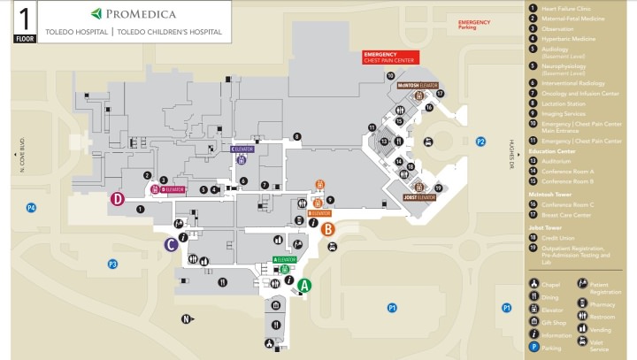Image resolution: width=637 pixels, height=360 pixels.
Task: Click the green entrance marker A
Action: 304,286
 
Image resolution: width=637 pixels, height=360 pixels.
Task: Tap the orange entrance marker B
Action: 327,229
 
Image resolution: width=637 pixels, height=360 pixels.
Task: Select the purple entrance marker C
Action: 169,244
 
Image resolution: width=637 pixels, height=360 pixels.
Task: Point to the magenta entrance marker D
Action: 117,199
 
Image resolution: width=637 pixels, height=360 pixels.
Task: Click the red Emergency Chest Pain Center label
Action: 390,58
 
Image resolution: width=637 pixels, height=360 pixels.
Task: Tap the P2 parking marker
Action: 480,142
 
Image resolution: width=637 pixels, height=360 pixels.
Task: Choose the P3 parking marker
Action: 112,264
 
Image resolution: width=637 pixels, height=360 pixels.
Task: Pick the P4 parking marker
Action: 31,208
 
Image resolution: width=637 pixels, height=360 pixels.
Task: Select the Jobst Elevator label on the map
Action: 420,197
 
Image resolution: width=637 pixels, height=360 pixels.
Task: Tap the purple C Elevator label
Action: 242,149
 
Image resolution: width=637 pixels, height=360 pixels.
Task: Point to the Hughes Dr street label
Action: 511,154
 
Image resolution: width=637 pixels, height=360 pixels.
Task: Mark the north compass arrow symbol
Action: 187,319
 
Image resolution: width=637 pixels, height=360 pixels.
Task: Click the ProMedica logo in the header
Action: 134,14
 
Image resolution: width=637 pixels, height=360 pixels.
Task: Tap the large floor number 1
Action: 25,17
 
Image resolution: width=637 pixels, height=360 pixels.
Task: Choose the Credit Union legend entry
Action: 556,238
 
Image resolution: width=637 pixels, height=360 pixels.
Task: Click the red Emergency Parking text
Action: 474,24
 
